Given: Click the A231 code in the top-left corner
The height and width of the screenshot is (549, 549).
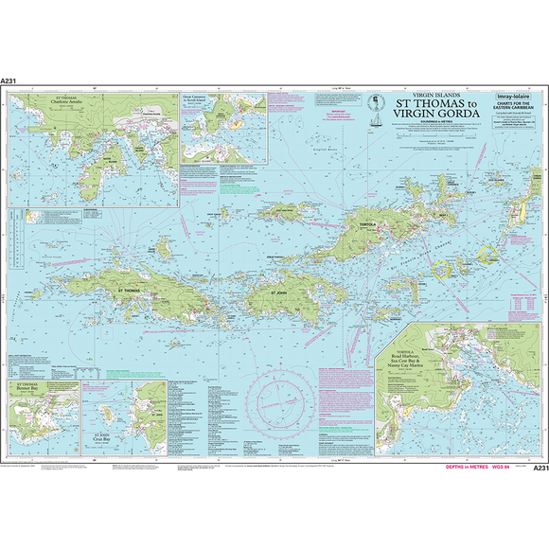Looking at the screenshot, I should pos(12,82).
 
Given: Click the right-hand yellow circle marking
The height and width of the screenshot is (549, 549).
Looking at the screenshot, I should pos(488,254).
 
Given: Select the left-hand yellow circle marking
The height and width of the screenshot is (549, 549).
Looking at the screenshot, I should pos(441,268).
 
